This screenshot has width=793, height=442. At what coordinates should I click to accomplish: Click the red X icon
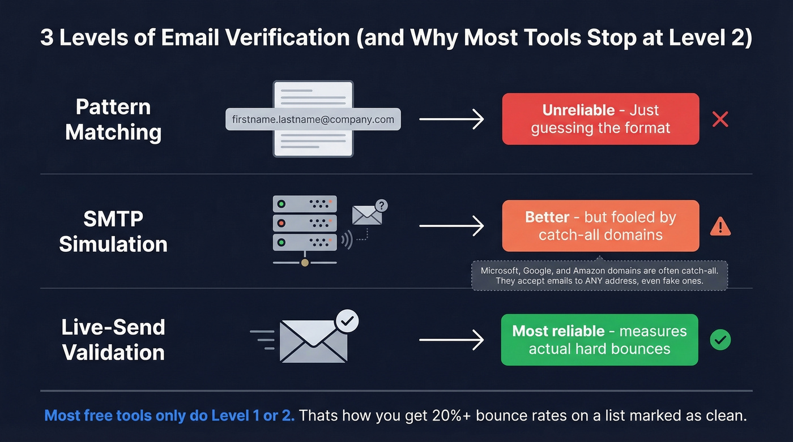click(x=720, y=119)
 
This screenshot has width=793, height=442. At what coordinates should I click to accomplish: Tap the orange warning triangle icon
click(x=720, y=226)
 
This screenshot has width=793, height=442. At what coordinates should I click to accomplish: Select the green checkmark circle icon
click(x=720, y=340)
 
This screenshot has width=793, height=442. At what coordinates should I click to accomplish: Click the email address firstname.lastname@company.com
click(x=313, y=119)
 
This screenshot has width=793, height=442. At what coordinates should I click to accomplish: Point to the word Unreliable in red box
click(x=578, y=110)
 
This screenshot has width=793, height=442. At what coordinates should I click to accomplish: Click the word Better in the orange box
click(x=547, y=217)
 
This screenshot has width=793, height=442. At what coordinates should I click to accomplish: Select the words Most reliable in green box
click(x=558, y=331)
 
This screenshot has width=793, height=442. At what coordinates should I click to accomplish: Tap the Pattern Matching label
click(x=113, y=119)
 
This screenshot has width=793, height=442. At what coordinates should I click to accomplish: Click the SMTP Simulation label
click(x=113, y=231)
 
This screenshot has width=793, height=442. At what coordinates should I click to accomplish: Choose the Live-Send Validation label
click(x=113, y=340)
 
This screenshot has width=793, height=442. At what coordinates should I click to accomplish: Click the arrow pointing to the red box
click(x=451, y=119)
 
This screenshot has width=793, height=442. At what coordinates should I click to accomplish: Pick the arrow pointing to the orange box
click(x=451, y=226)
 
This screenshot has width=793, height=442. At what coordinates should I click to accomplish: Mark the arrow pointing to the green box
click(x=451, y=340)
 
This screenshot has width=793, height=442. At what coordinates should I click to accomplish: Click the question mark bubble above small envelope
click(x=382, y=205)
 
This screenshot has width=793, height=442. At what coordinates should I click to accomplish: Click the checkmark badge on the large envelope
click(x=347, y=321)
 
